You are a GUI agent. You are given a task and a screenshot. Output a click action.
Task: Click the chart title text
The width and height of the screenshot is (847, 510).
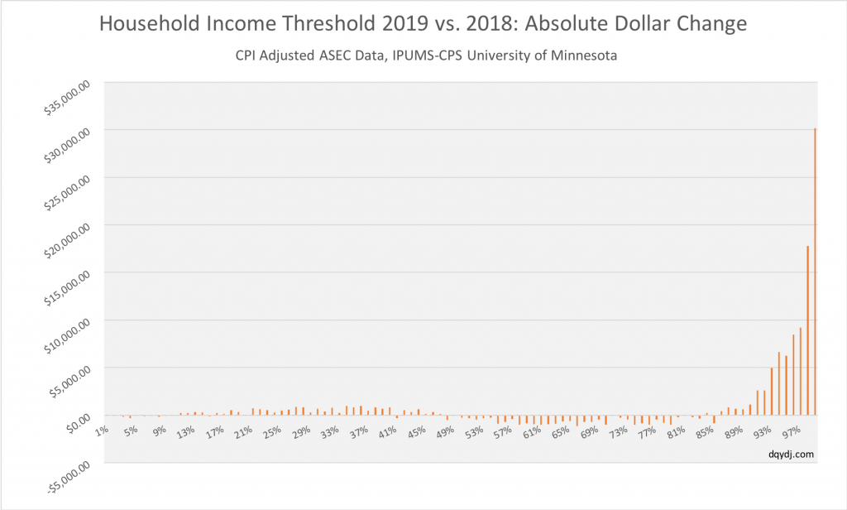point(423,25)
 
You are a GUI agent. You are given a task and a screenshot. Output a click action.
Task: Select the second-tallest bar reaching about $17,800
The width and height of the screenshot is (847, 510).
point(807,330)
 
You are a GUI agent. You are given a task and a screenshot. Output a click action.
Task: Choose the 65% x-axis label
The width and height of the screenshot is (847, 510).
point(562,431)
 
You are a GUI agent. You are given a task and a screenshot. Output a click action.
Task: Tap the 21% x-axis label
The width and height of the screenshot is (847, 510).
point(244,431)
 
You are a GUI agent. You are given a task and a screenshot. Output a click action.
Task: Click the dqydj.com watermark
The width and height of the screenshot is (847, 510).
point(790,453)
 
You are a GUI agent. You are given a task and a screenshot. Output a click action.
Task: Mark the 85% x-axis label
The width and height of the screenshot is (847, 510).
point(706,431)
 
